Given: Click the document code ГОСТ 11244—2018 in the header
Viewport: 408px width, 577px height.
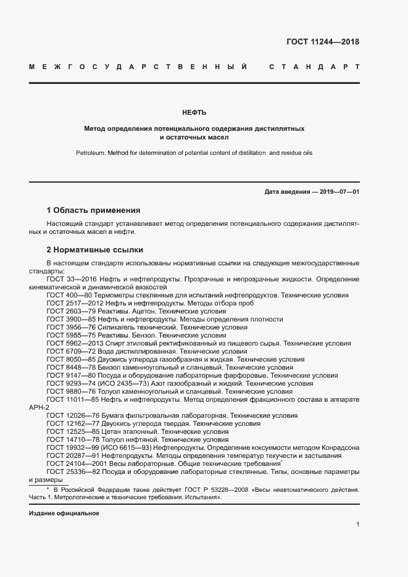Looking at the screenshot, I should (323, 42).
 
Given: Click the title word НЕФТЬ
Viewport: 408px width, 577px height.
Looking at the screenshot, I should (194, 112).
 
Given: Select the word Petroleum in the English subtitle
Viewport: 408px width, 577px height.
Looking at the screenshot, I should (92, 152).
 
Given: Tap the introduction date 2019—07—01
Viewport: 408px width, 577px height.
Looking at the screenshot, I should (338, 192).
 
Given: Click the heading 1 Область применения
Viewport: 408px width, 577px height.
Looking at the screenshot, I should (93, 210).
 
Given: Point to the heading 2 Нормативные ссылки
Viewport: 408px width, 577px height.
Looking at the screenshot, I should (94, 250).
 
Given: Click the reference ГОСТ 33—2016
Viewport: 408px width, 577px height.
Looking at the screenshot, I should (67, 279).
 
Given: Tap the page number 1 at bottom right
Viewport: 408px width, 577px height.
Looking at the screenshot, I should (357, 524).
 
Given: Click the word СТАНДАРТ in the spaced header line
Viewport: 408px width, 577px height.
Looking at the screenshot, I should (314, 66).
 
